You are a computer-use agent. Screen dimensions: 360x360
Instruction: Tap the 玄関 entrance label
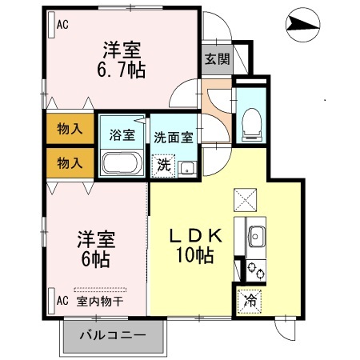coord(217,58)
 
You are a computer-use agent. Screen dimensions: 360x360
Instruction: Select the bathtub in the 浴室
coord(122,164)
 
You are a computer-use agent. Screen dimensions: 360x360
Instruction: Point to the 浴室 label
coord(122,134)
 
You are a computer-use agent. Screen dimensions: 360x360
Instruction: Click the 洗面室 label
coord(174,136)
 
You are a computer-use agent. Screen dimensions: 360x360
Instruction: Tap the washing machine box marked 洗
coord(163,166)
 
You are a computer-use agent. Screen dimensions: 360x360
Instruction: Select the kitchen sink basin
coord(258,237)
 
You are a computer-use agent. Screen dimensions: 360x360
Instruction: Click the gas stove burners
coord(256,270)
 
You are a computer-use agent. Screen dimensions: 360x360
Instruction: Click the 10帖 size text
coord(195,257)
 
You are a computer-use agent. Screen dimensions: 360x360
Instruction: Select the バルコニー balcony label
coord(112,337)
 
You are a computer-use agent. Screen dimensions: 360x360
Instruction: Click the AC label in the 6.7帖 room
coord(62,24)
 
